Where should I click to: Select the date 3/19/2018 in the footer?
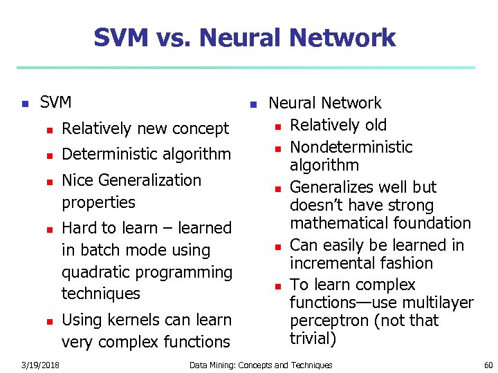click(x=39, y=365)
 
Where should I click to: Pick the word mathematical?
click(x=336, y=223)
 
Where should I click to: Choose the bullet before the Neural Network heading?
click(x=254, y=104)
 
